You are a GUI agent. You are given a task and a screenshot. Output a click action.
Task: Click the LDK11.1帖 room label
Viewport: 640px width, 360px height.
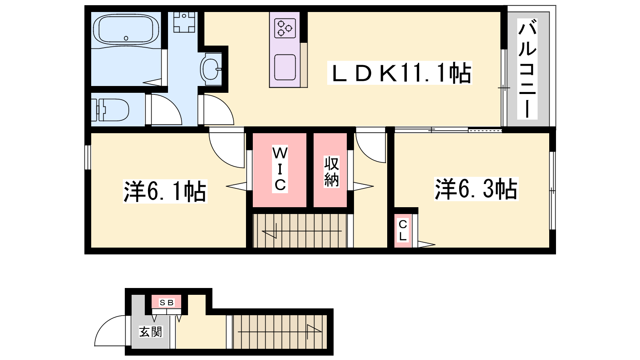point(400,73)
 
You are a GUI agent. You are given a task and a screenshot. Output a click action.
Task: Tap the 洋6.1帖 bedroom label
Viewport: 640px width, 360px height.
point(165,191)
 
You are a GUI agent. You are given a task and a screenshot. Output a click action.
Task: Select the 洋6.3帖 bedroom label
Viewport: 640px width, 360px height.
point(476,189)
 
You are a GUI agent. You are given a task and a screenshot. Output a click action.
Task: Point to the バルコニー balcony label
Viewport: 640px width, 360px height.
point(527,69)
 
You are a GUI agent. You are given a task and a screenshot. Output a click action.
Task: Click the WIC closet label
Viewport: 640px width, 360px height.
point(280,169)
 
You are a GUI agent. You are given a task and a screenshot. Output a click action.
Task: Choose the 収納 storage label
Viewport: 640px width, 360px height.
point(332,172)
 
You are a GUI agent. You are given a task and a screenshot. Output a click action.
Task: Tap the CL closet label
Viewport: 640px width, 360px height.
point(402,230)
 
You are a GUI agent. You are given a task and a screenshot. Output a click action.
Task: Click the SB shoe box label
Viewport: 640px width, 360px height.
point(166,302)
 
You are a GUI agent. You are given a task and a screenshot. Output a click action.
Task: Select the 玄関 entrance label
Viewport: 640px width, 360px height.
point(150,332)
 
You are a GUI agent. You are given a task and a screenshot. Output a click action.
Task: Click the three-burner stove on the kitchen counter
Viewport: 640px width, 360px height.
point(284,28)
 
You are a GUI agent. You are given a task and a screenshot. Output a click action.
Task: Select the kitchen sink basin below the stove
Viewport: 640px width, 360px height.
point(285,67)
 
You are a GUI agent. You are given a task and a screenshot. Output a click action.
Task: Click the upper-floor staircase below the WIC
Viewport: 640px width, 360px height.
point(300,230)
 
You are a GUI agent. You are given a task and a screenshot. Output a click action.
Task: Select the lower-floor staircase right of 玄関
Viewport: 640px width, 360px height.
point(280,332)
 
